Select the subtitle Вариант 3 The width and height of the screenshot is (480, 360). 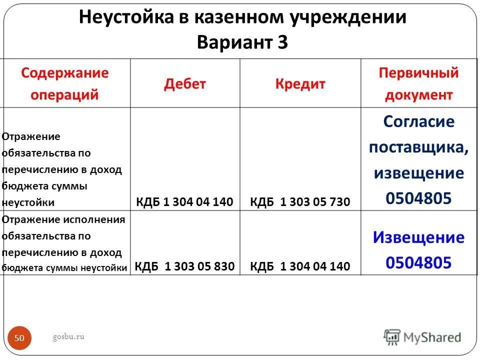click(x=242, y=41)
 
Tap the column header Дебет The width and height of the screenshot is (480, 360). click(x=185, y=83)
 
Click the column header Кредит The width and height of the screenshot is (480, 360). click(x=300, y=83)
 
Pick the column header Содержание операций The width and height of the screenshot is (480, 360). click(x=65, y=83)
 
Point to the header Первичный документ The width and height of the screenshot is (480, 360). click(x=418, y=83)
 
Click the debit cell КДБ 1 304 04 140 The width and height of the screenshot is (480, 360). click(x=185, y=202)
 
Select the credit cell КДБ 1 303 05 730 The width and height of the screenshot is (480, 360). click(x=300, y=202)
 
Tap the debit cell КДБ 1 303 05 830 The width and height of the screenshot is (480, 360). click(x=185, y=266)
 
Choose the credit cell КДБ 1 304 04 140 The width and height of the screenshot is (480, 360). click(x=300, y=266)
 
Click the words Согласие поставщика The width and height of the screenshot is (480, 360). click(x=419, y=134)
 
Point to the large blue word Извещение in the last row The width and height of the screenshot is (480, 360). click(x=418, y=237)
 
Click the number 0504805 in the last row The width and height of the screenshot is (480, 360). click(x=418, y=262)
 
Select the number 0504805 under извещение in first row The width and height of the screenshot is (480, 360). click(x=418, y=198)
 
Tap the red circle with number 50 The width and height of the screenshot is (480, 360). click(x=19, y=338)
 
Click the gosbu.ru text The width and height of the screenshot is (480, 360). click(x=68, y=336)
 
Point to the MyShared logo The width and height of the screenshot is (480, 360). click(x=422, y=337)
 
